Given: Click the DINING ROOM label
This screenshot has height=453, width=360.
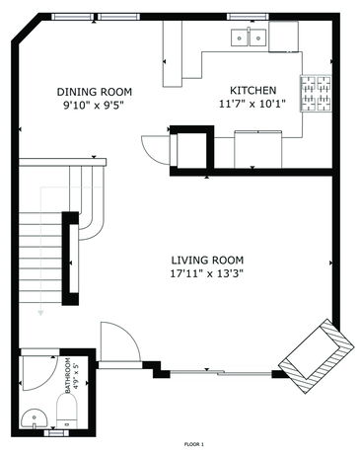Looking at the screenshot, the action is coord(95,92).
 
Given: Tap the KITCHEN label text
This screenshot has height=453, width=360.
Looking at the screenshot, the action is coord(252,90).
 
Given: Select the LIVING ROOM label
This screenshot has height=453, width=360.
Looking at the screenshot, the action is coord(207,261).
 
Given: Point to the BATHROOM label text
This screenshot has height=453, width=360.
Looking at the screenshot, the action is coord(68,375).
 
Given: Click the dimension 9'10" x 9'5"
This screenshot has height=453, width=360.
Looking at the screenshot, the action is coord(95,106).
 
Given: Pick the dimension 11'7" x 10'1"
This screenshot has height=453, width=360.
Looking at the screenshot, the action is coord(252,104).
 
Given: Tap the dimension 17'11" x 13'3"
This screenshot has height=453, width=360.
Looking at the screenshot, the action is coord(207,273).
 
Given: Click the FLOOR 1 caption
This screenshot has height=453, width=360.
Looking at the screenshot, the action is coord(194,444).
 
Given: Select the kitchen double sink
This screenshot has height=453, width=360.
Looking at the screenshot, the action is coord(249,38).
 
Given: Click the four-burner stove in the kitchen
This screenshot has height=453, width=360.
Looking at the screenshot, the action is coord(316,94).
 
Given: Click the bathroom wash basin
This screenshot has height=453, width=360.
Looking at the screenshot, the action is coord(35,417).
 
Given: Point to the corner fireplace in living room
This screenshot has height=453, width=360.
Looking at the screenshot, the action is coord(317,355).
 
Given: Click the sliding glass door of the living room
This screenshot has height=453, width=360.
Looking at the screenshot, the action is coord(221,373).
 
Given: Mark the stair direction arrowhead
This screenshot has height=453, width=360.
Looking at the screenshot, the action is coord(40,313).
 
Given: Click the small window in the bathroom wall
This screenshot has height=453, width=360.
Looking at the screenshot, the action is coord(56,433).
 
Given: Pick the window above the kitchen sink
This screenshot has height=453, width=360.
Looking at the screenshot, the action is coord(249,17).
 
